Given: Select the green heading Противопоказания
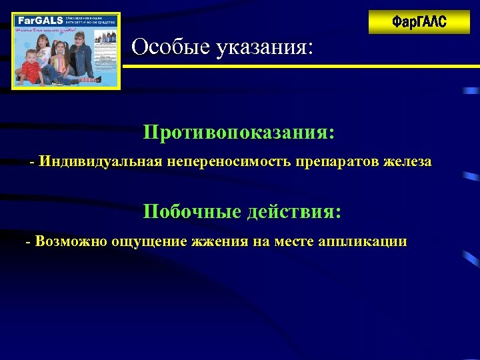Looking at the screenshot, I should tap(239, 131).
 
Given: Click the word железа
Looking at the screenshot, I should tap(407, 161).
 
